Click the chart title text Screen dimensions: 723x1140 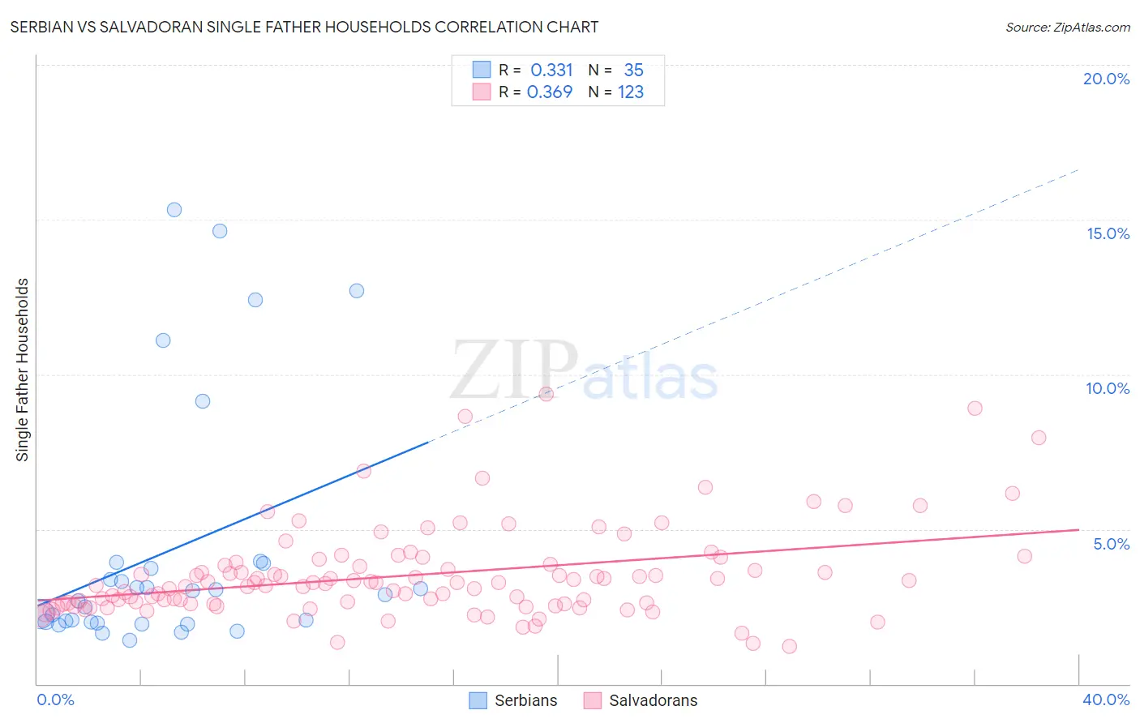coord(304,27)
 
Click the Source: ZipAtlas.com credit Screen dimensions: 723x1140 coord(1067,27)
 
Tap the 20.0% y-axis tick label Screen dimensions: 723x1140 coord(1106,79)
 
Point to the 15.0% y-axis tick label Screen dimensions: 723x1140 coord(1108,233)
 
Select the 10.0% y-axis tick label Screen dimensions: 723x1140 coord(1108,388)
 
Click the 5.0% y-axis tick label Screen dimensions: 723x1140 coord(1111,544)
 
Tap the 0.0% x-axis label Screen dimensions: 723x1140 coord(55,699)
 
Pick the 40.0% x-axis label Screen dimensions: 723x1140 coord(1106,699)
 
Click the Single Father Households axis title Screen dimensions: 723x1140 coord(23,370)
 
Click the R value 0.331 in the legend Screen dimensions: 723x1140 coord(551,71)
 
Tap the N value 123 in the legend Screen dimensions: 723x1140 coord(631,92)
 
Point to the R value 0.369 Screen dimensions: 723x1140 coord(550,92)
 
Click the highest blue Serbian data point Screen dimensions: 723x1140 coord(174,210)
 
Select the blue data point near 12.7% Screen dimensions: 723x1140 coord(357,291)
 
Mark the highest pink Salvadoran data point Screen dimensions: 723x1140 coord(546,394)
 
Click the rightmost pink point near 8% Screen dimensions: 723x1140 coord(1039,438)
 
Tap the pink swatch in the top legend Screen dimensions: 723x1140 coord(482,92)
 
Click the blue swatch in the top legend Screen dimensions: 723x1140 coord(482,70)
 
